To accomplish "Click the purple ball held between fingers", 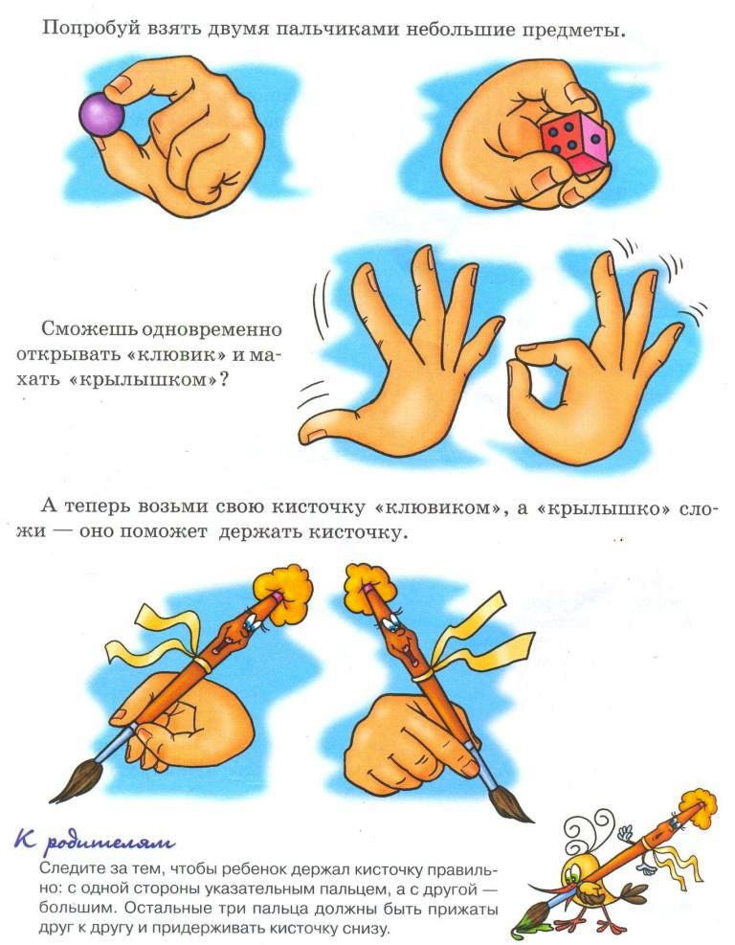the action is pyautogui.click(x=101, y=115).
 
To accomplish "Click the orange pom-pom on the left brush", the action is pyautogui.click(x=283, y=593).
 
